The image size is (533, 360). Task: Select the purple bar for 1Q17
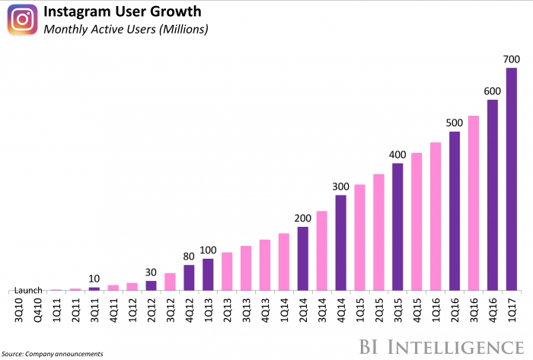[x=512, y=180]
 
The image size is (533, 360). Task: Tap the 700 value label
[x=512, y=59]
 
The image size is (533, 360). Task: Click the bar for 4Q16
[x=493, y=195]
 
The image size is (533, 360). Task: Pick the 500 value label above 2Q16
[x=455, y=123]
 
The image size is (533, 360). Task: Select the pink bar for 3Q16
[x=474, y=202]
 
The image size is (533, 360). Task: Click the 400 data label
[x=397, y=154]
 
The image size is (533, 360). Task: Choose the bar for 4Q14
[x=341, y=243]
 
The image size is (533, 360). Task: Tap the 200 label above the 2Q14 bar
[x=303, y=218]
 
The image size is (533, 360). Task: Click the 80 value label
[x=189, y=256]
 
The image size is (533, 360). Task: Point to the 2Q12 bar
[x=151, y=285]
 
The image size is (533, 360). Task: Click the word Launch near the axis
[x=27, y=290]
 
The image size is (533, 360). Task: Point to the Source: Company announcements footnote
[x=52, y=354]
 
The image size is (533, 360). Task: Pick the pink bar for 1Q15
[x=360, y=237]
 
